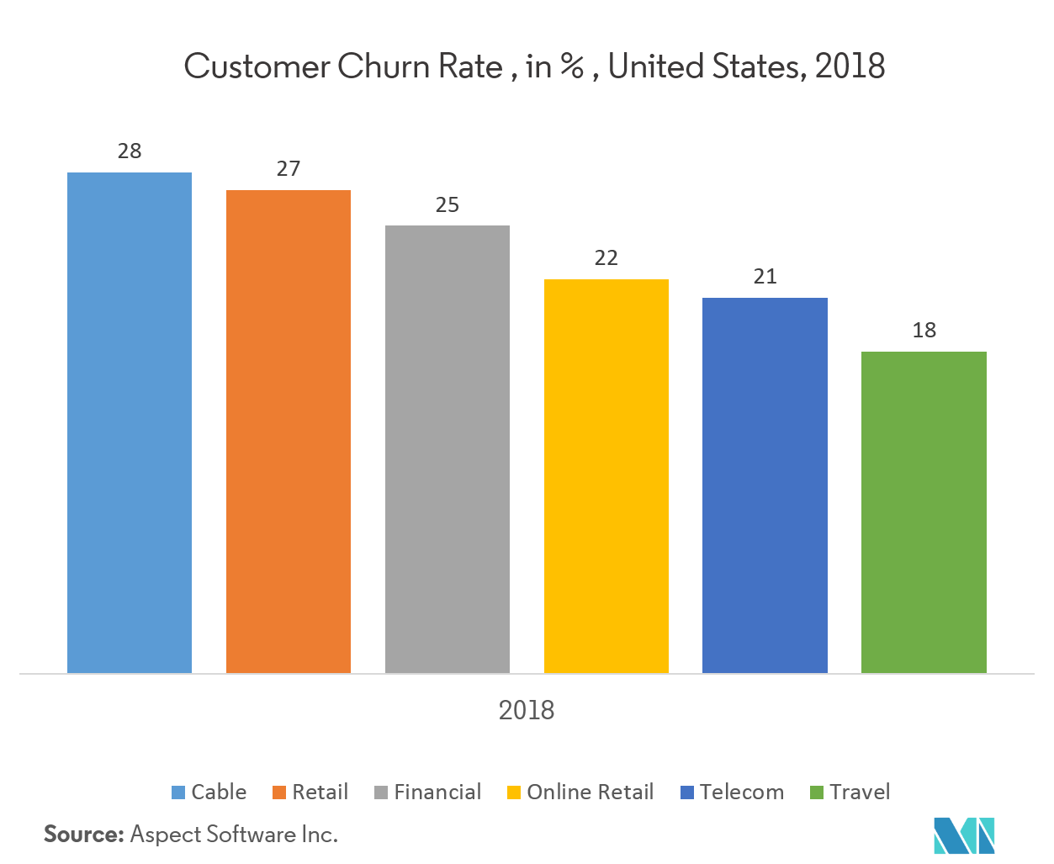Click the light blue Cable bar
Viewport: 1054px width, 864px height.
pos(130,422)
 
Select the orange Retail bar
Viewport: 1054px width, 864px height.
pos(289,431)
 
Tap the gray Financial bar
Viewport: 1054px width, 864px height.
pos(448,448)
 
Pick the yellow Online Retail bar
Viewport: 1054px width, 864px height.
pos(606,475)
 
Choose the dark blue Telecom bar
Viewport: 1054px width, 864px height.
pos(765,485)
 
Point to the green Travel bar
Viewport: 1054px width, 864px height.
pos(924,512)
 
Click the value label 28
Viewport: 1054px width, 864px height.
pos(130,151)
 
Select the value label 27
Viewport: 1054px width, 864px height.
pos(289,169)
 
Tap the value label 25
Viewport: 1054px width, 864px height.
pos(448,205)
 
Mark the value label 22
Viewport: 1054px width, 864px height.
pos(606,258)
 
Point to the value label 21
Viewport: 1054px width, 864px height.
pos(765,277)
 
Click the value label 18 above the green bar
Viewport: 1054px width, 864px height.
pos(924,331)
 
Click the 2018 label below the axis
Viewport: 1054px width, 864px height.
pos(527,710)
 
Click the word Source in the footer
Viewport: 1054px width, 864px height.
pos(82,835)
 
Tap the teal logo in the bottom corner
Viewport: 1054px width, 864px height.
pos(964,834)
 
